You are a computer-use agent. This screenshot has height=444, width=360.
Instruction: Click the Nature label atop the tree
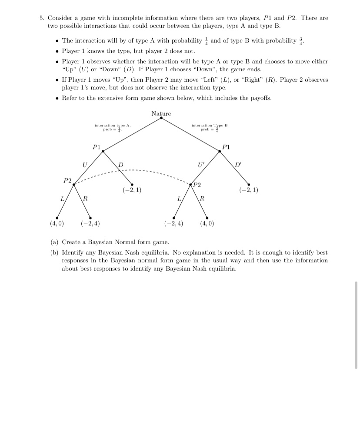pyautogui.click(x=161, y=113)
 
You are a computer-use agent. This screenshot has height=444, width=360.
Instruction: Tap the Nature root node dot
pyautogui.click(x=161, y=118)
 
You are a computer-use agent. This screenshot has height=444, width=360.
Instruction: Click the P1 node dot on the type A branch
pyautogui.click(x=103, y=151)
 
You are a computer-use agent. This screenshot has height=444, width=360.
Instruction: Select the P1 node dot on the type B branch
pyautogui.click(x=220, y=151)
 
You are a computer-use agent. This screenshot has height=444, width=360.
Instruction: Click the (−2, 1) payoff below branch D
pyautogui.click(x=132, y=190)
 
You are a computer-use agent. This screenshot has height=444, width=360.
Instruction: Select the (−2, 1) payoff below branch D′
pyautogui.click(x=249, y=190)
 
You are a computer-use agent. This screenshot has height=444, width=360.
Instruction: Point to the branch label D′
pyautogui.click(x=237, y=165)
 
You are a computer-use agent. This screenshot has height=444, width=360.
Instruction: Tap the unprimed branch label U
pyautogui.click(x=85, y=165)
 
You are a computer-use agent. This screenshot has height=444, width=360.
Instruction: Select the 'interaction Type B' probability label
pyautogui.click(x=210, y=127)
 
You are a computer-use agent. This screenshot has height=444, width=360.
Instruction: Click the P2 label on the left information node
pyautogui.click(x=67, y=180)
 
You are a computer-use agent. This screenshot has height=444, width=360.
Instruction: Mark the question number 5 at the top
pyautogui.click(x=41, y=18)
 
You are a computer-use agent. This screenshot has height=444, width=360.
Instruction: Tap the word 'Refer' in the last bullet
pyautogui.click(x=70, y=98)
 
